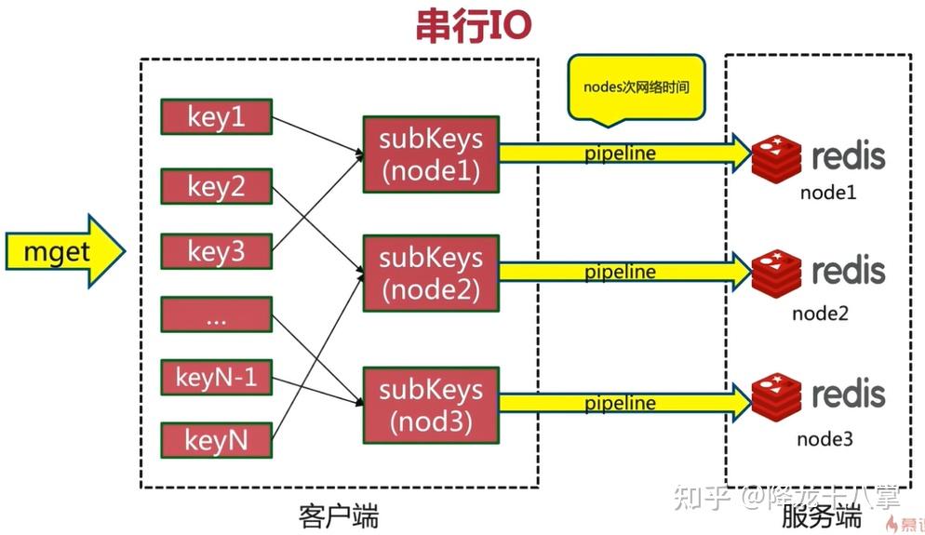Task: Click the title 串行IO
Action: pos(473,28)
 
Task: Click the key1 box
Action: pos(217,117)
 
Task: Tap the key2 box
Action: pos(217,185)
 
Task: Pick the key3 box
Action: pos(217,251)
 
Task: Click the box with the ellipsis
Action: pos(217,314)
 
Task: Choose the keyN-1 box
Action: pos(217,377)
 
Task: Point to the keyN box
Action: pos(217,439)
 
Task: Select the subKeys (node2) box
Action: pos(431,272)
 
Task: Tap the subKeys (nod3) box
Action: pos(431,403)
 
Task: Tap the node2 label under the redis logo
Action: pos(820,313)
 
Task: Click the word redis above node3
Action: pos(848,395)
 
